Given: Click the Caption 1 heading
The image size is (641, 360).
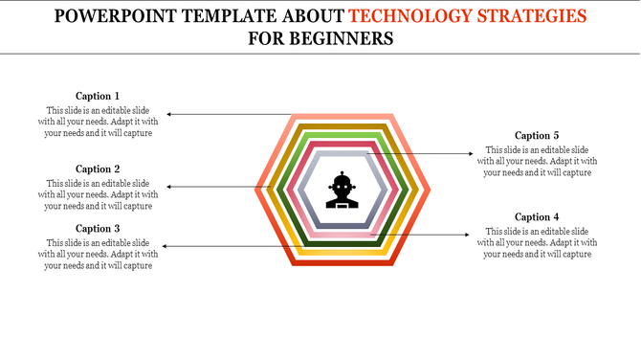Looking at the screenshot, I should point(98,96).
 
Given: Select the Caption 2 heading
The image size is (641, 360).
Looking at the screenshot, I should point(98,169).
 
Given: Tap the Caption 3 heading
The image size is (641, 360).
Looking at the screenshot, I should point(98,228).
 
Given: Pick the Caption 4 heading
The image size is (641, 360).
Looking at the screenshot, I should point(537,217).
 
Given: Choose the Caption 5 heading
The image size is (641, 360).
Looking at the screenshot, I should point(537,136).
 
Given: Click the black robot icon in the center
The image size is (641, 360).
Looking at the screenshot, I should point(343,190).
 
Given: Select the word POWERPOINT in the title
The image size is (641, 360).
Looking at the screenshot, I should point(108,16).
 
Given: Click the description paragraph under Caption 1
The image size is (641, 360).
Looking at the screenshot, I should point(98,122).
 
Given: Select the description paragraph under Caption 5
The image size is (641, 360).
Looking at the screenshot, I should point(537,161).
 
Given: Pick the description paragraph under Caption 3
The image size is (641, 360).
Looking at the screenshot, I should point(98,254).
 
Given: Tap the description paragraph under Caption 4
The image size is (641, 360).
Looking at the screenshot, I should point(537,242).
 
